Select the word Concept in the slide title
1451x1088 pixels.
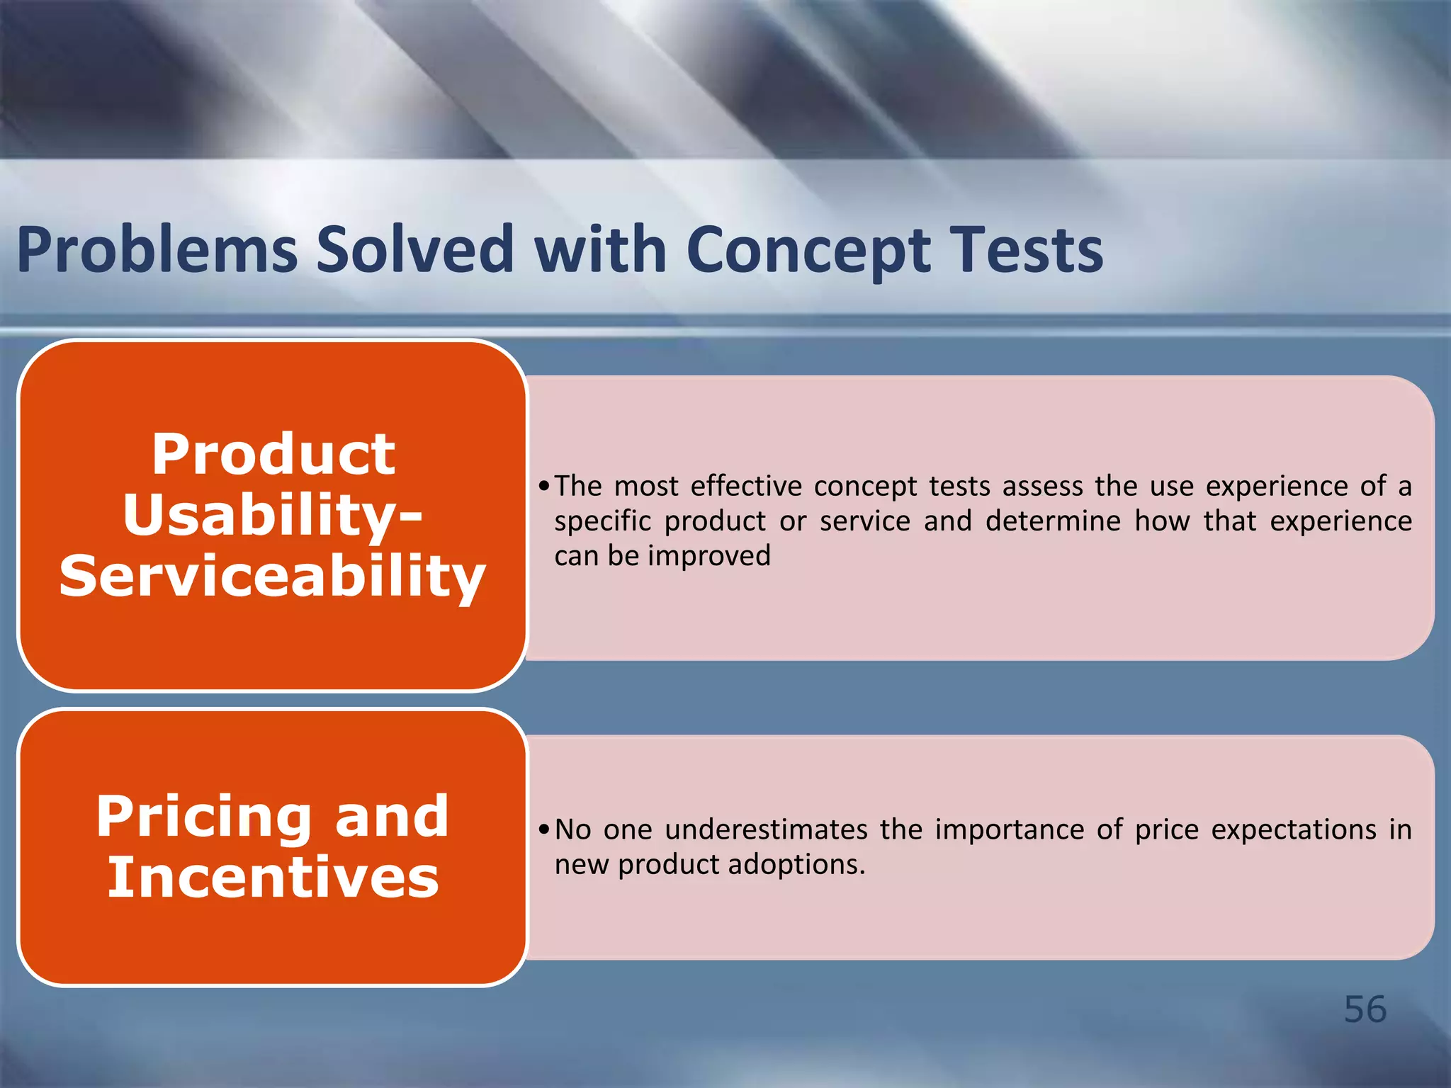(808, 251)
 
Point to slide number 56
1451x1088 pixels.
(1365, 1009)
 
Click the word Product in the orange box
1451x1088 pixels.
(273, 454)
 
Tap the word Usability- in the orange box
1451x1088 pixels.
(273, 515)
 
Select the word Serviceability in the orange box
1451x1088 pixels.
(273, 576)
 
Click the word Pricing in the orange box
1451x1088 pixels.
(204, 817)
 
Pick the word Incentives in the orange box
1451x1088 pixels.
(273, 878)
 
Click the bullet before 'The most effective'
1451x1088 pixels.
(543, 487)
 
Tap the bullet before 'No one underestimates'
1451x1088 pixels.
(543, 830)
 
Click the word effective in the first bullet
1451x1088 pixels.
(746, 486)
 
